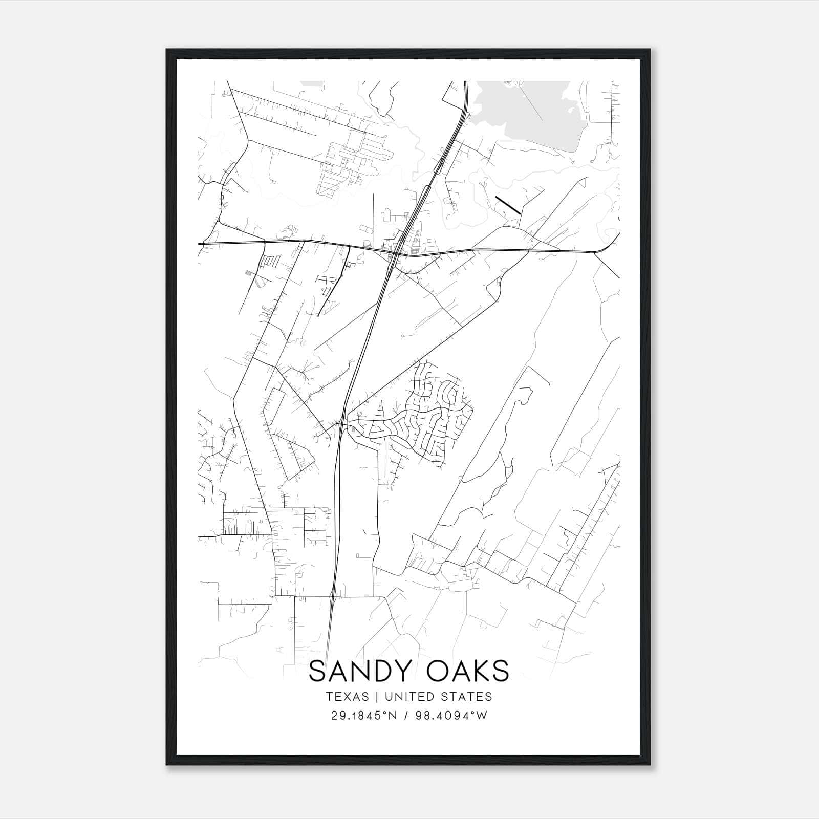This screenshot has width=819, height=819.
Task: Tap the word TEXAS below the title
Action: click(347, 697)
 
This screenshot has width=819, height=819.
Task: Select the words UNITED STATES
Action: click(438, 697)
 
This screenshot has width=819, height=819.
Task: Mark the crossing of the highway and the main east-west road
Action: click(395, 253)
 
